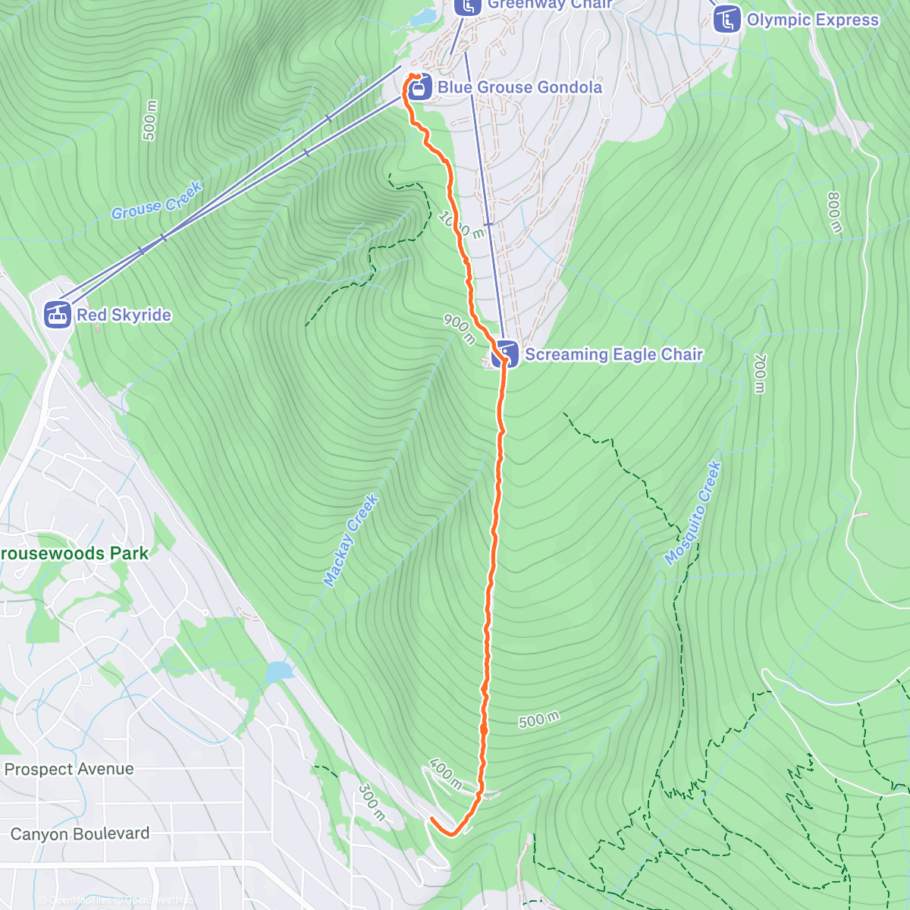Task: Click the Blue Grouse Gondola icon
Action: point(418,88)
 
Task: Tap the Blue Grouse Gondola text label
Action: point(519,87)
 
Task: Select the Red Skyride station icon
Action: point(58,314)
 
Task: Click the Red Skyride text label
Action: point(124,315)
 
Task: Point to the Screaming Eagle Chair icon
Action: point(505,354)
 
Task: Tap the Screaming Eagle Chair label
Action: point(614,354)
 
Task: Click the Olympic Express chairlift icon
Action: point(727,20)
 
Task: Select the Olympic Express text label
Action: point(813,20)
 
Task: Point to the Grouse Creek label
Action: point(157,201)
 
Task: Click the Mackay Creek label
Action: point(350,540)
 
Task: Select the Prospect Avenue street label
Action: point(69,769)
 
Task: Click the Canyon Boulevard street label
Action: point(80,833)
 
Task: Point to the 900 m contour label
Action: point(460,328)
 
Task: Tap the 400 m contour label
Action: point(445,773)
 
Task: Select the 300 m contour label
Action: point(371,802)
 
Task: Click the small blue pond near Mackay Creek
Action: point(279,671)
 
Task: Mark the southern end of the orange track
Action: point(432,820)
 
